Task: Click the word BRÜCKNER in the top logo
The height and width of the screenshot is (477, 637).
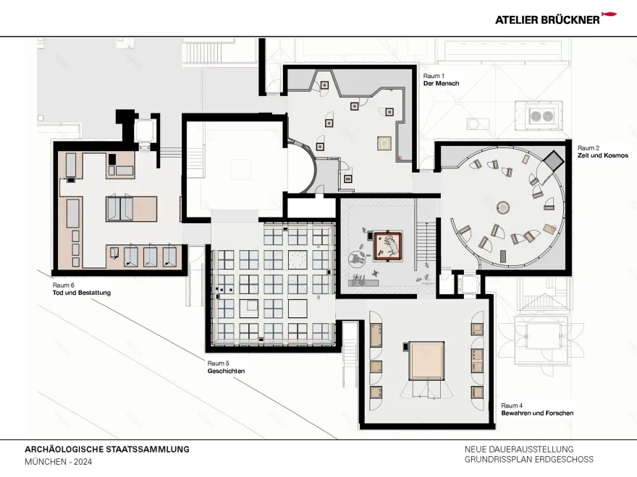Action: (x=566, y=20)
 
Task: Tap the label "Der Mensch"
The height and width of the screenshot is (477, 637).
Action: (x=441, y=84)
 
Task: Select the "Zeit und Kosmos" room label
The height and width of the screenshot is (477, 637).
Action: (x=602, y=155)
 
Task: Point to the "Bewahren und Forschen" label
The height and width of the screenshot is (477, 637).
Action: (x=537, y=413)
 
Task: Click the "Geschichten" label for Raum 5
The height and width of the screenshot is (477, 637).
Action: (x=226, y=371)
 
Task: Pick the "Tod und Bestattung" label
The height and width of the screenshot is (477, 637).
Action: (x=81, y=293)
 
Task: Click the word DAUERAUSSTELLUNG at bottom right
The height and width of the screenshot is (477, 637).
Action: (x=537, y=449)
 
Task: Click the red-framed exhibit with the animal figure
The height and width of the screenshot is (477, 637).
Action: (x=389, y=246)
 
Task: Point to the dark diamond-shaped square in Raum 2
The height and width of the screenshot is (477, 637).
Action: (x=554, y=160)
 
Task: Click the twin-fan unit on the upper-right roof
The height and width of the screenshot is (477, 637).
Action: (x=539, y=116)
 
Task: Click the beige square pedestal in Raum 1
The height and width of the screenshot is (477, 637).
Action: (x=383, y=143)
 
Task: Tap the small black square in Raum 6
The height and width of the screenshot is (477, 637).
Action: (x=113, y=156)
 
